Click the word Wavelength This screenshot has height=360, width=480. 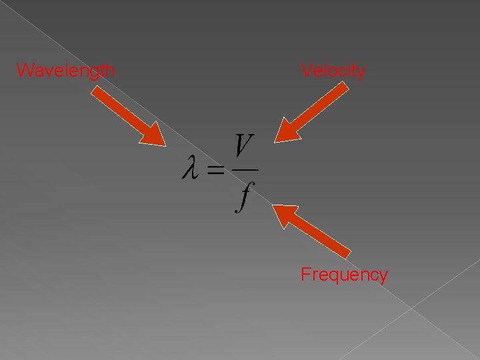click(x=65, y=70)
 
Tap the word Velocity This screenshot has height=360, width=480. click(x=333, y=70)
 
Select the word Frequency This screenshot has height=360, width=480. click(x=344, y=275)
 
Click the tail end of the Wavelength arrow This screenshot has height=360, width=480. click(x=95, y=93)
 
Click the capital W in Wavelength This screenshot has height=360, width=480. click(x=23, y=70)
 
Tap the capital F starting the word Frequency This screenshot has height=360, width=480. click(x=305, y=275)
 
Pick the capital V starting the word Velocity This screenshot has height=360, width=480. click(x=306, y=70)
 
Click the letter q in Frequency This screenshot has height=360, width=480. click(x=335, y=276)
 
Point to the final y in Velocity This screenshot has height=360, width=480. click(x=361, y=72)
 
